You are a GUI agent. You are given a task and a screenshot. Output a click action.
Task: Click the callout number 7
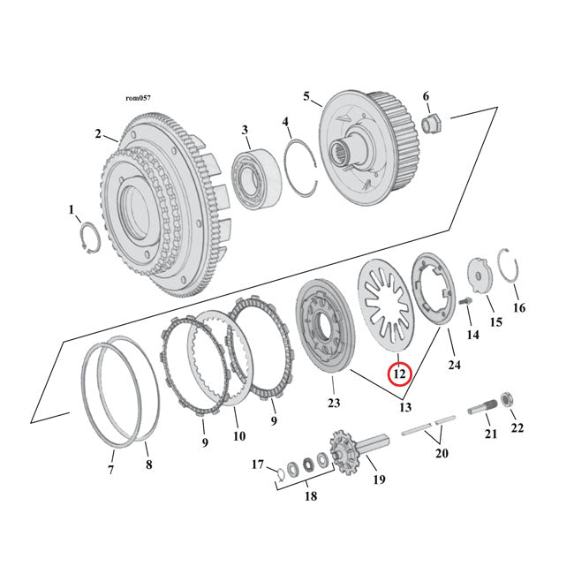[x=111, y=471]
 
